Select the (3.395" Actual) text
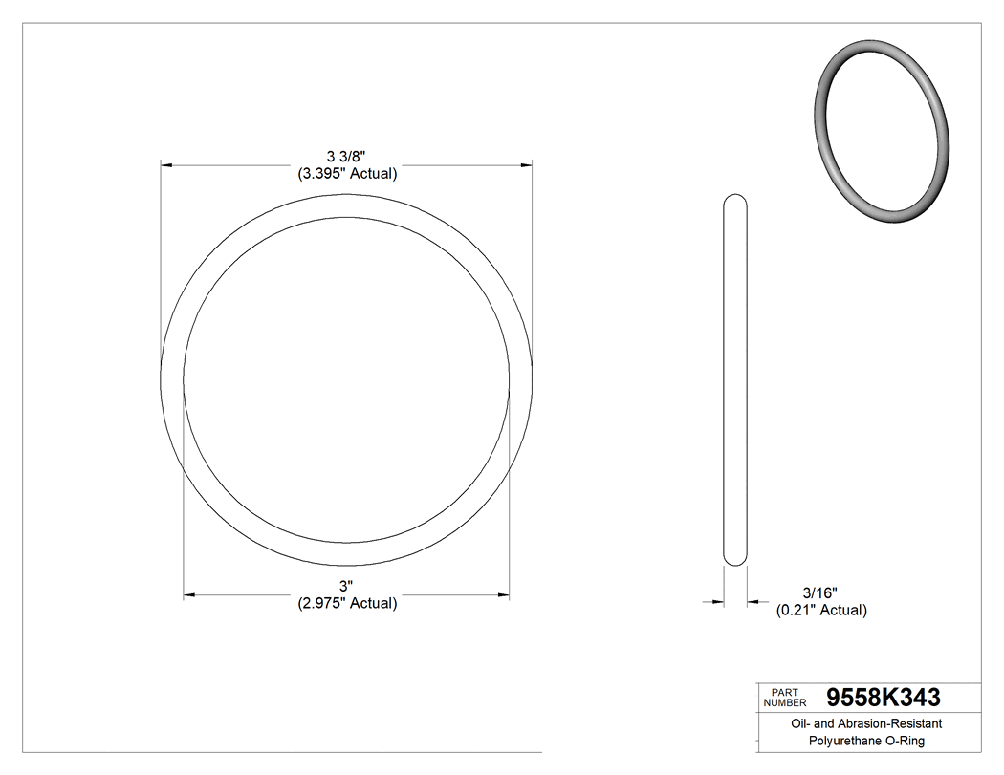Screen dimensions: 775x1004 [x=346, y=174]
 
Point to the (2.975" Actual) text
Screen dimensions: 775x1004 [x=346, y=603]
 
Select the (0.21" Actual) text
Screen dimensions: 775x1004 [x=820, y=610]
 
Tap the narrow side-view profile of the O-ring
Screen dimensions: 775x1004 [x=735, y=382]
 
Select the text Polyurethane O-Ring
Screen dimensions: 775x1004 [x=866, y=741]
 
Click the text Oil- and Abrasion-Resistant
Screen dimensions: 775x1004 [x=866, y=723]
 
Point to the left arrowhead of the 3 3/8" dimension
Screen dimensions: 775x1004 [x=165, y=165]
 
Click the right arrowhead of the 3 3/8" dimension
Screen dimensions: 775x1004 [x=527, y=165]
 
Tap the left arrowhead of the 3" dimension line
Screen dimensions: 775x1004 [x=188, y=595]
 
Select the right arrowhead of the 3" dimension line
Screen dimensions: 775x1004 [x=503, y=595]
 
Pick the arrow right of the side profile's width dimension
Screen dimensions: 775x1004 [x=753, y=601]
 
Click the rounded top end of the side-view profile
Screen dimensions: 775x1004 [x=735, y=203]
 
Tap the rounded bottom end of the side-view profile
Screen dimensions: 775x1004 [x=735, y=558]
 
